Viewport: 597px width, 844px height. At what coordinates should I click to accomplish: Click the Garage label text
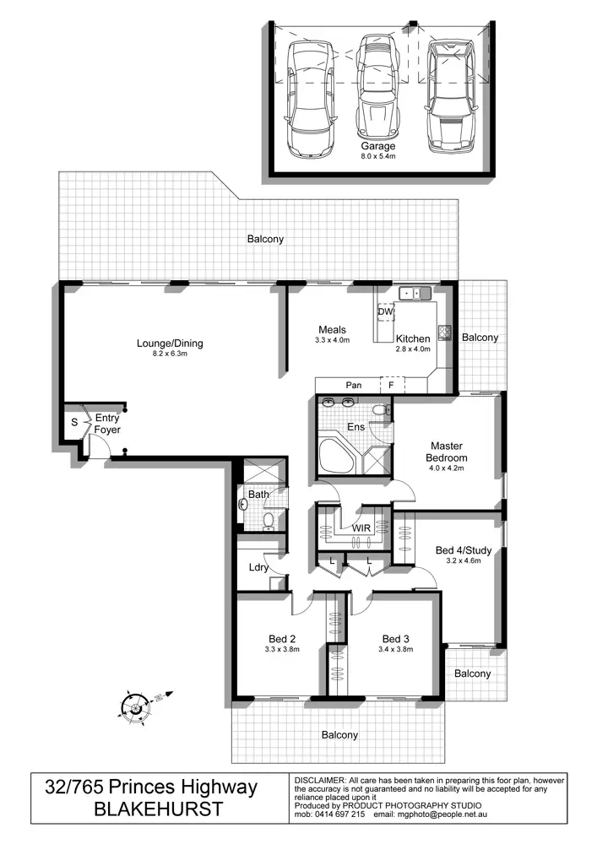coord(378,146)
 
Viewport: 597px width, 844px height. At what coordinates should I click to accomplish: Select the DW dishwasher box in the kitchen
coord(386,313)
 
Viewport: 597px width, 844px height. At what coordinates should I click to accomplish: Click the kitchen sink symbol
coord(415,294)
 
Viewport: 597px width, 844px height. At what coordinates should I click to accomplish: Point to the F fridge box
coord(391,385)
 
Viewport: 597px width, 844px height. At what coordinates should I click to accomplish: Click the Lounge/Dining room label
coord(170,344)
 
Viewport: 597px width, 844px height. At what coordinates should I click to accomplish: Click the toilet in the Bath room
coord(268,520)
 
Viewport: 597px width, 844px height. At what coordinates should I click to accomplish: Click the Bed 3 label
coord(395,638)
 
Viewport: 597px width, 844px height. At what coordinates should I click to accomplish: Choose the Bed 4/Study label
coord(457,551)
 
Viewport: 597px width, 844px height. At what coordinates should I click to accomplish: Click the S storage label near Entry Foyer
coord(73,419)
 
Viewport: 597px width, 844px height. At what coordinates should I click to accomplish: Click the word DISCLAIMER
coord(319,781)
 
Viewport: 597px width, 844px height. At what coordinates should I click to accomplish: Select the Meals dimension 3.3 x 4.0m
coord(330,340)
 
